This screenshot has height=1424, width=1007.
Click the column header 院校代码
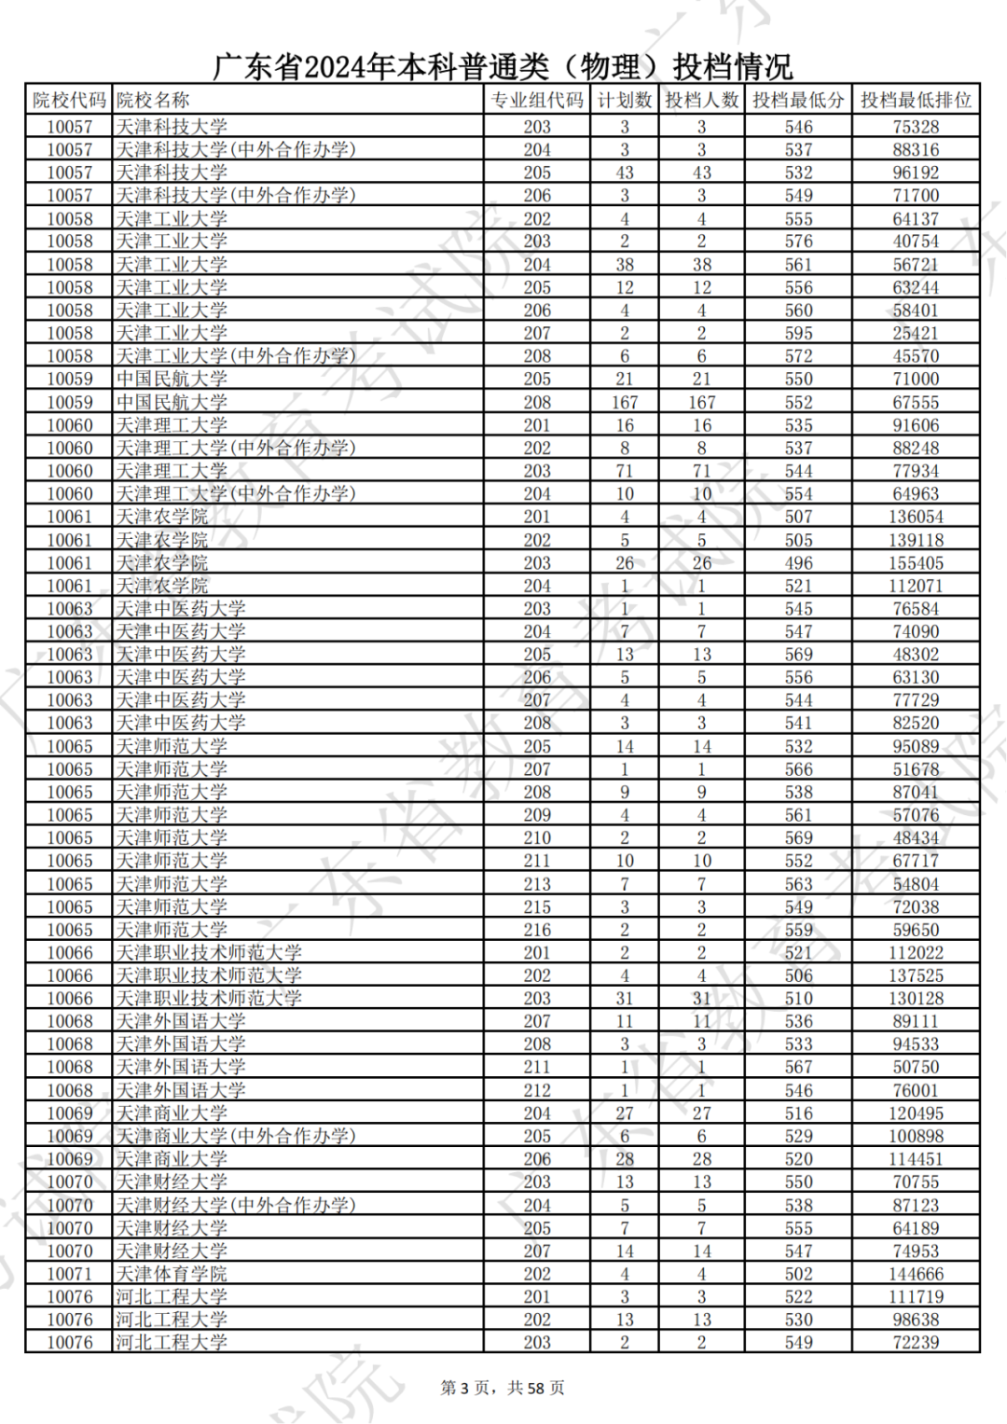(69, 101)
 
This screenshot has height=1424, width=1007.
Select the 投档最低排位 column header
(915, 101)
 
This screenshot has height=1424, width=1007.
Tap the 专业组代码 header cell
(537, 101)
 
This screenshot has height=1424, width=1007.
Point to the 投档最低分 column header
(798, 101)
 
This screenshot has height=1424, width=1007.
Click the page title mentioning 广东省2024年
(503, 66)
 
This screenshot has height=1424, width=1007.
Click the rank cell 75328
(915, 127)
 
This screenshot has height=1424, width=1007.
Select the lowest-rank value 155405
(915, 563)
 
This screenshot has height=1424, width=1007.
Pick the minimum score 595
(798, 333)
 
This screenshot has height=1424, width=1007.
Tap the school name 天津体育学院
(172, 1274)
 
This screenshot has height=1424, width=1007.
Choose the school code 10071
(69, 1274)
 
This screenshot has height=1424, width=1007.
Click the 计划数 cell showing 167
(624, 402)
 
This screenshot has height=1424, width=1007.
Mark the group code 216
(537, 930)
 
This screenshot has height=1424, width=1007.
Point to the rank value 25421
(915, 333)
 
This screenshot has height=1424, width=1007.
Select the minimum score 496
(798, 563)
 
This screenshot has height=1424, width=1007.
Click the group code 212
(537, 1090)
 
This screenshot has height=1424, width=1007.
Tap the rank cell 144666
(915, 1274)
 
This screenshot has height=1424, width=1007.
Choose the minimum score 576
(798, 242)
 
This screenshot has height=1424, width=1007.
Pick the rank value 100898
(915, 1136)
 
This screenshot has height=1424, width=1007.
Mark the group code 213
(537, 884)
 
